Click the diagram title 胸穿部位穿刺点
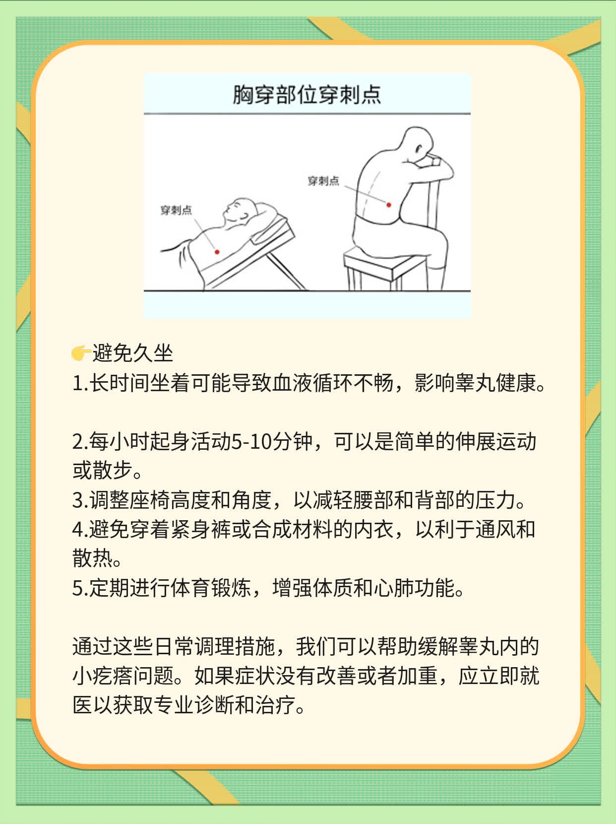(x=307, y=95)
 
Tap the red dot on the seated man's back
(x=389, y=205)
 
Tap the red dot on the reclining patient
(x=217, y=252)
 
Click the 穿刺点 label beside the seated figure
(x=323, y=181)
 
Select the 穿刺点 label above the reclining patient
(x=176, y=210)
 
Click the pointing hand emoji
(x=80, y=353)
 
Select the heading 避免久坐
(x=132, y=353)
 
